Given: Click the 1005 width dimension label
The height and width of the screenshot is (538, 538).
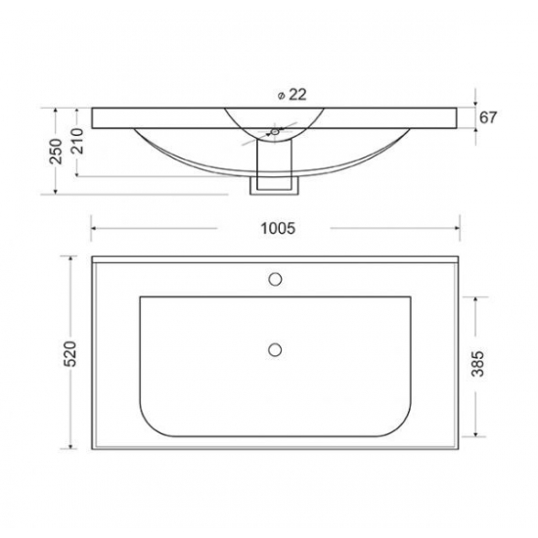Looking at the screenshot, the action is click(x=278, y=229).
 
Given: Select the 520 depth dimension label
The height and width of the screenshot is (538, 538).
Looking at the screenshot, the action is click(x=70, y=354).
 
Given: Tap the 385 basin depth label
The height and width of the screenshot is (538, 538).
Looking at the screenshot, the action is click(x=477, y=364).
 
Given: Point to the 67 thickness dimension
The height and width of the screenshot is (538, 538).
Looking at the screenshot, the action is click(x=487, y=117).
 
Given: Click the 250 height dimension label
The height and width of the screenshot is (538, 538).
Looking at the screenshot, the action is click(x=56, y=152).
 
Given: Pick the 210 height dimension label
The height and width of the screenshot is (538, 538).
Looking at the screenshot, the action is click(x=77, y=141).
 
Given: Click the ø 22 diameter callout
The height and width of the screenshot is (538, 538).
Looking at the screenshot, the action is click(x=291, y=95).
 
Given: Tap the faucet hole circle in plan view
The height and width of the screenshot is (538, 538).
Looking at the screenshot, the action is click(x=275, y=280).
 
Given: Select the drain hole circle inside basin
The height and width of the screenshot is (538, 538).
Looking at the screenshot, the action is click(x=275, y=349).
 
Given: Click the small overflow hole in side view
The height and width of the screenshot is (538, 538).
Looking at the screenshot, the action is click(x=275, y=131).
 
